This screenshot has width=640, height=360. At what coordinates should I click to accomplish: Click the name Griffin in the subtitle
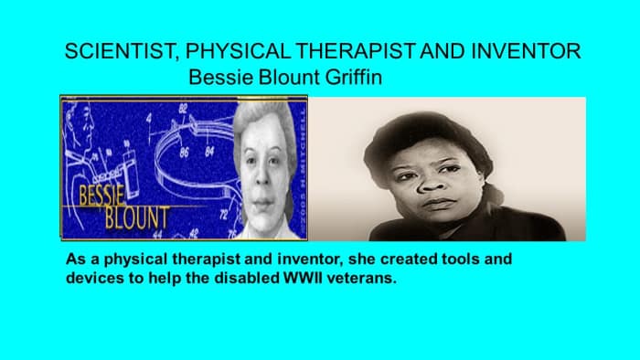coord(350,79)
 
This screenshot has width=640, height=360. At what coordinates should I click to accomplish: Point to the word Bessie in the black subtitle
coord(215,79)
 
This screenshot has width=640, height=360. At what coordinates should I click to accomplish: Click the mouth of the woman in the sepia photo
coord(442,203)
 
